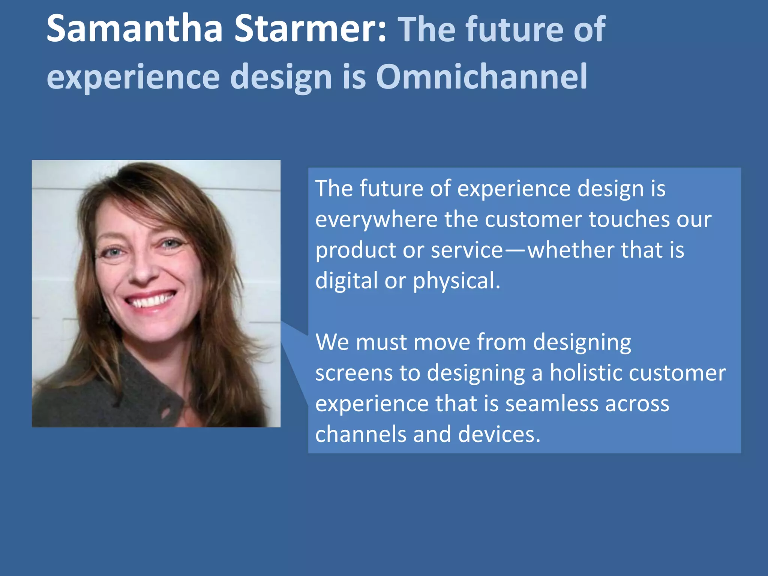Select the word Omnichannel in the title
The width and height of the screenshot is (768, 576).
click(481, 76)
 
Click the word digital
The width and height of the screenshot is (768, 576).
click(346, 281)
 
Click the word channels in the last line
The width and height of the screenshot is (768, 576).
click(360, 435)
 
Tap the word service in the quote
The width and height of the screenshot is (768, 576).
click(466, 250)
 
